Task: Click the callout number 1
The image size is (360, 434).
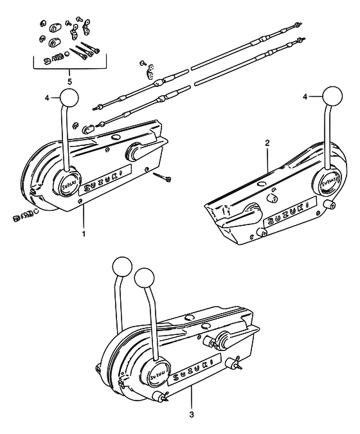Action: [x=84, y=233]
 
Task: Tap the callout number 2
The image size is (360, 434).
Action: [x=267, y=143]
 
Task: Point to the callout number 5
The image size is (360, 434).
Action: [x=69, y=82]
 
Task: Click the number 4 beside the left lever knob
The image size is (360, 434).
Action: [x=47, y=98]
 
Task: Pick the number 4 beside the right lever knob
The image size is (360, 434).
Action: [x=305, y=96]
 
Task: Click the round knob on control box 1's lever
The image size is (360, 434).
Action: [x=69, y=98]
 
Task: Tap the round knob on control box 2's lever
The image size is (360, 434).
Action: [x=332, y=96]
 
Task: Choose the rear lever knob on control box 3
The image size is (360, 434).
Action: [x=122, y=266]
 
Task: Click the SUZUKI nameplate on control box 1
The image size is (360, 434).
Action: [x=105, y=180]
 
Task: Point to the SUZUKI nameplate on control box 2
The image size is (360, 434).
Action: [x=290, y=211]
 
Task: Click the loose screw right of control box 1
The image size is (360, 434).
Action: [x=162, y=176]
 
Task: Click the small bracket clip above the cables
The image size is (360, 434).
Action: [x=150, y=71]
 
